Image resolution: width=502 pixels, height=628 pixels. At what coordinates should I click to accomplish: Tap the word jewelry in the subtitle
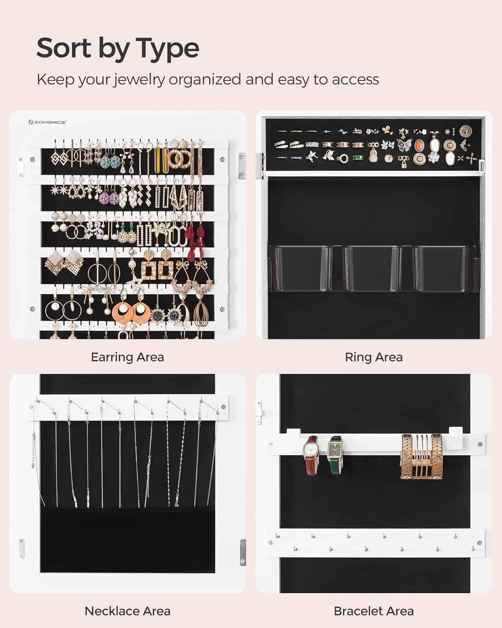point(139,80)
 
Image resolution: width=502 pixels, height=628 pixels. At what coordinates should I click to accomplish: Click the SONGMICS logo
point(47,122)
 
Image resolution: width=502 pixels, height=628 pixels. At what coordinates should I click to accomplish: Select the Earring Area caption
point(128,358)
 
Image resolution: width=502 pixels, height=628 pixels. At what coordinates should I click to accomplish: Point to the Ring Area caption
point(374,358)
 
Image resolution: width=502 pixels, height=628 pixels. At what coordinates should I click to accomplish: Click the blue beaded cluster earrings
point(111,162)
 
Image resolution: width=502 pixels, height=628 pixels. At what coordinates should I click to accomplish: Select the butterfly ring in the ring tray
point(404,145)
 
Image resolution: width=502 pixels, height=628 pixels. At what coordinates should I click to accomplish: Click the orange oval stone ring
point(419,145)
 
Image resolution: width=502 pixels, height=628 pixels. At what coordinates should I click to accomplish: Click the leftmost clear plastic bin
point(300,269)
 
